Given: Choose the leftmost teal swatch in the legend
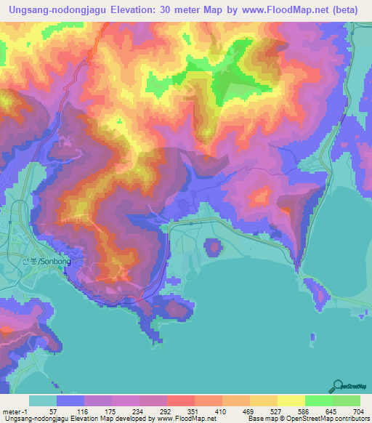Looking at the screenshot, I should point(43,400).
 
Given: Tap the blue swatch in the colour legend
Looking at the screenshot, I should point(70,400).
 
